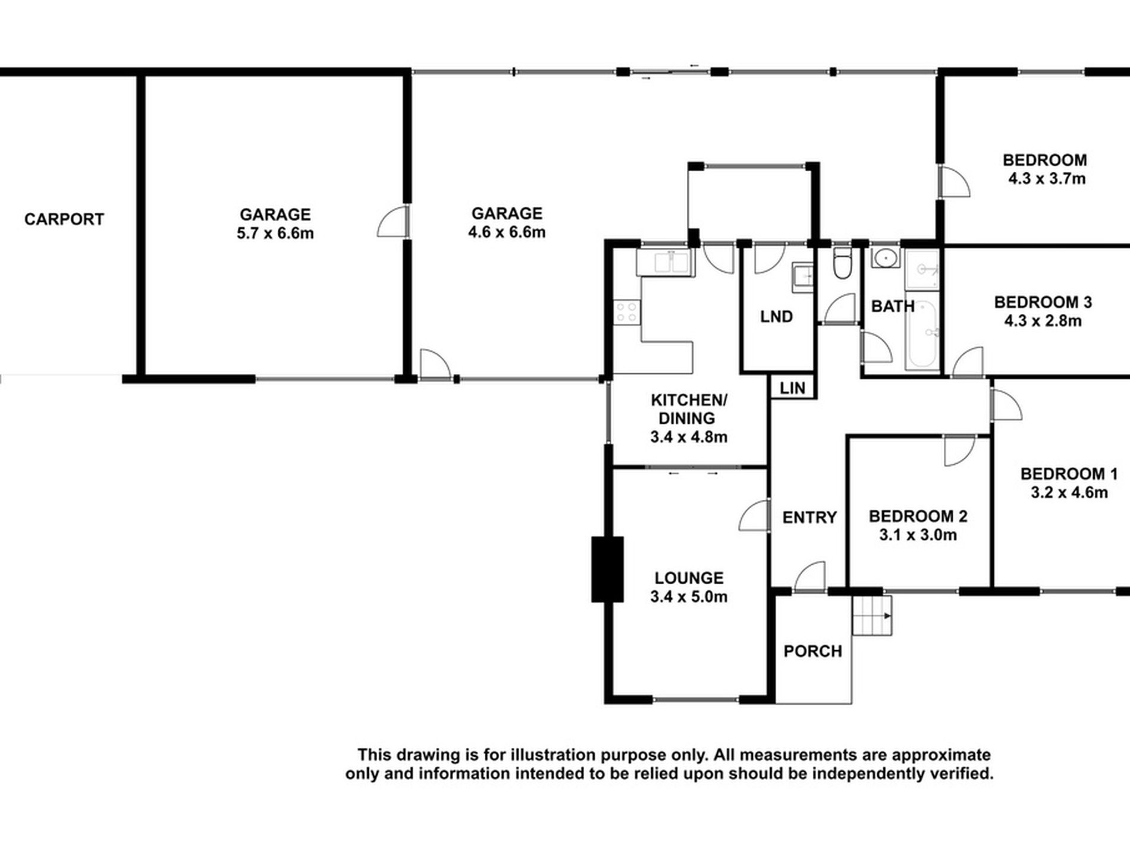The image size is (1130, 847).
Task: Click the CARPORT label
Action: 64,219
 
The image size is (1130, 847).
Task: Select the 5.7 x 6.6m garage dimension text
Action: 275,234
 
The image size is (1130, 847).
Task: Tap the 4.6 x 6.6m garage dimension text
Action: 507,232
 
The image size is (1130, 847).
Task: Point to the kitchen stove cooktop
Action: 627,312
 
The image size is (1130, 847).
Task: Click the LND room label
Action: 776,317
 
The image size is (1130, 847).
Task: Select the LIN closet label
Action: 792,388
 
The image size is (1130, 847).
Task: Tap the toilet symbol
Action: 842,264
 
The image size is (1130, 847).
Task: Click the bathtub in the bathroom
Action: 921,334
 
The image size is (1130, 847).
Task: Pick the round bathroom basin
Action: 886,259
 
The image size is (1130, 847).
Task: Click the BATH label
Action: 893,307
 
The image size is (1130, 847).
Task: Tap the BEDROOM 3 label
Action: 1043,303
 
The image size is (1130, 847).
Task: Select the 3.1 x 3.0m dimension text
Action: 918,535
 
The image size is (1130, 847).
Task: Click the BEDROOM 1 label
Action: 1069,474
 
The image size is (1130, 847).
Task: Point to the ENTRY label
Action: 809,518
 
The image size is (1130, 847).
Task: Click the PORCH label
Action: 812,651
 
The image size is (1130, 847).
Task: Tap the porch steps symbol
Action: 872,616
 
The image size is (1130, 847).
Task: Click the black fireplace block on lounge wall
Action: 607,569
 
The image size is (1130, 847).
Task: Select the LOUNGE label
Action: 689,578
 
